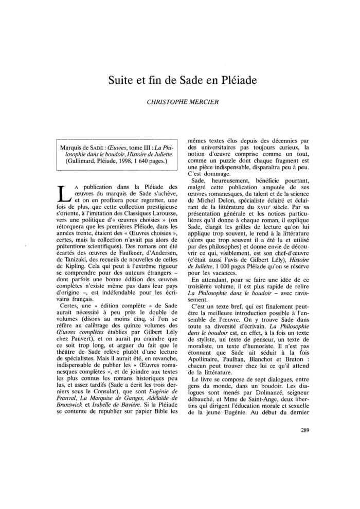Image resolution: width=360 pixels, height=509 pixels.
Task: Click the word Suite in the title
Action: [121, 81]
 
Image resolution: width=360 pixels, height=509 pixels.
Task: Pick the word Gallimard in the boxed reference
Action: [81, 160]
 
